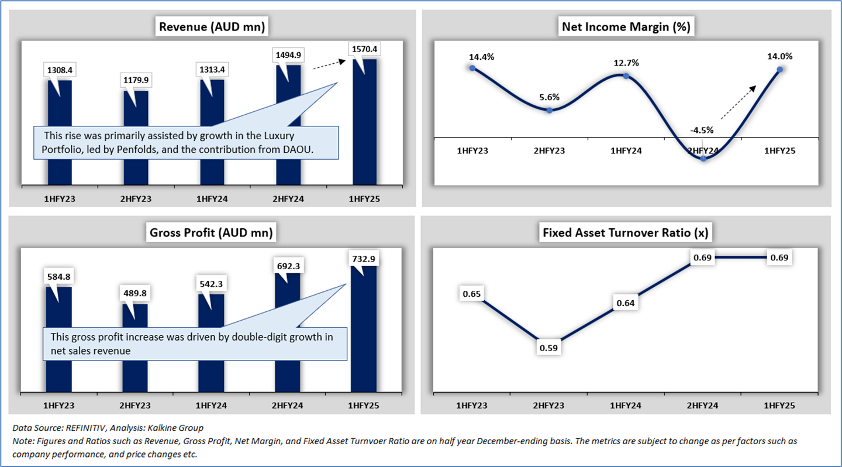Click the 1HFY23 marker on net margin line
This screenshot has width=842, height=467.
point(472,68)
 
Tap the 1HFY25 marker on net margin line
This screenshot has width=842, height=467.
point(779,70)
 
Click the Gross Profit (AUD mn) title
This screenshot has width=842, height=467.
point(212,233)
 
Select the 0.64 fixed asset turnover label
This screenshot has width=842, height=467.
point(626,303)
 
